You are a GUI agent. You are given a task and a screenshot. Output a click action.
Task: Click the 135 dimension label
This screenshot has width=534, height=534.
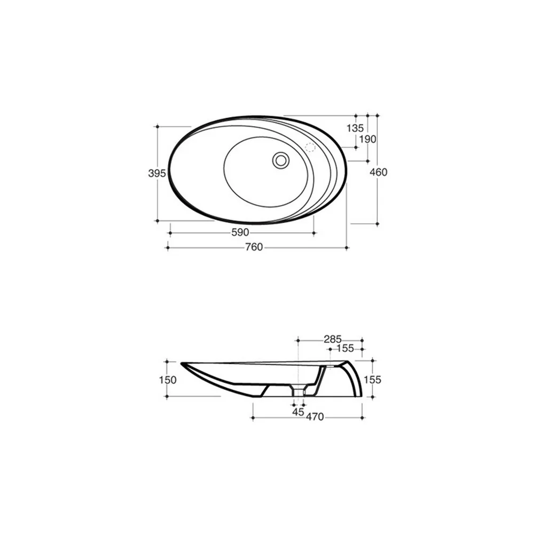tap(355, 128)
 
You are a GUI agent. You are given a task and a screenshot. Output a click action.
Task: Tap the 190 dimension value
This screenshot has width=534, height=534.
tap(367, 139)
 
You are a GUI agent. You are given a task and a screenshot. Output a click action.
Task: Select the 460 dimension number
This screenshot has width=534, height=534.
tap(379, 172)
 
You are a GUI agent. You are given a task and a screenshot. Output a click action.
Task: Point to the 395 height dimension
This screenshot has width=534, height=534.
tap(157, 174)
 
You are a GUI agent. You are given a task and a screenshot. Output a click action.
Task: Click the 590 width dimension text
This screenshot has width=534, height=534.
tap(240, 233)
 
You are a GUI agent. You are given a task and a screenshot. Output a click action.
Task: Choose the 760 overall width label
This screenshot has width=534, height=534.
tap(254, 247)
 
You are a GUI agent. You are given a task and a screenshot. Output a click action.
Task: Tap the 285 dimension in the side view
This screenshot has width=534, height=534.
tap(332, 339)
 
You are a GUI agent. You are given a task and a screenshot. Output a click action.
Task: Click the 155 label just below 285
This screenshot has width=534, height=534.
tap(345, 348)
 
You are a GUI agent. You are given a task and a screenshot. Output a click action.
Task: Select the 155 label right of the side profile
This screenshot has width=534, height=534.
tap(372, 379)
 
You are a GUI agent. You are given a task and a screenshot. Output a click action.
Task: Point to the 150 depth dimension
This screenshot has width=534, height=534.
tap(168, 380)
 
